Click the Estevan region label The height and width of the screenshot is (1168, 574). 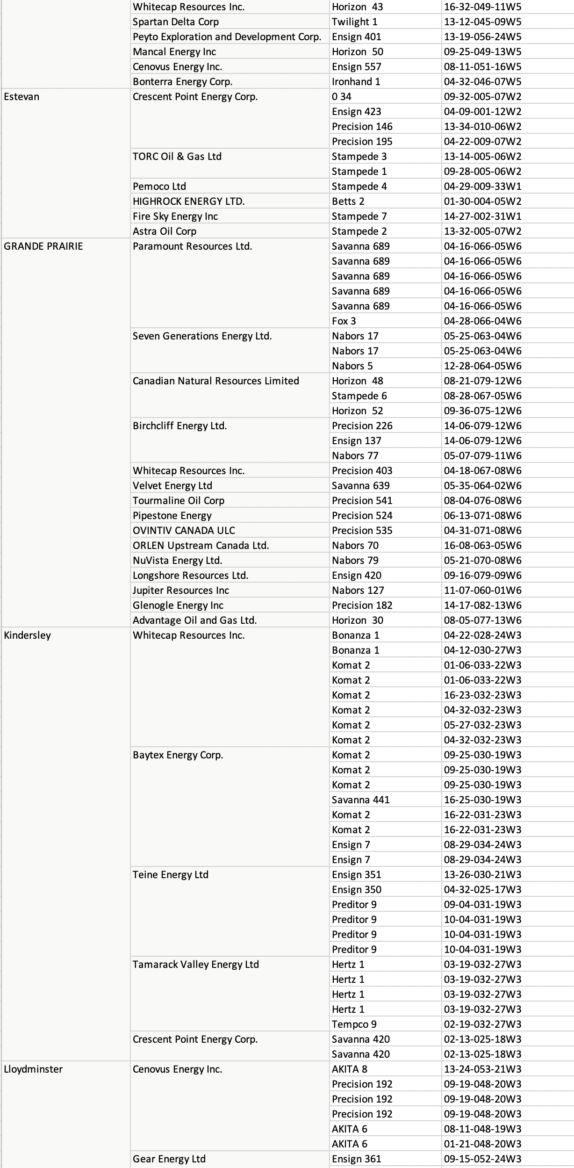click(x=22, y=97)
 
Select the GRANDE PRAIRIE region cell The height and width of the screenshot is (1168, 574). click(x=43, y=246)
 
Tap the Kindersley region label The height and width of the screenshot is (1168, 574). click(x=28, y=635)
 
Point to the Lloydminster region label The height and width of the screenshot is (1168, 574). click(x=33, y=1069)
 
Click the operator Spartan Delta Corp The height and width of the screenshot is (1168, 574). click(x=176, y=22)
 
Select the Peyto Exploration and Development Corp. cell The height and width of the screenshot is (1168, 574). click(x=227, y=37)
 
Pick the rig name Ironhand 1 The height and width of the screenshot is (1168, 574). click(x=356, y=82)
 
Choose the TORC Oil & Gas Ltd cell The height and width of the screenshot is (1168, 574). click(x=177, y=157)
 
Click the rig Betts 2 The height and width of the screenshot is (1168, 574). click(x=348, y=202)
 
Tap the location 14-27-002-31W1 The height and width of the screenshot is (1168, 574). click(x=483, y=216)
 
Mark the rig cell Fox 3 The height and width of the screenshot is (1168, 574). click(x=344, y=321)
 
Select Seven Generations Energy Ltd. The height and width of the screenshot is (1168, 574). click(x=202, y=336)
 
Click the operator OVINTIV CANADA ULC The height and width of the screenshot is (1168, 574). click(x=184, y=531)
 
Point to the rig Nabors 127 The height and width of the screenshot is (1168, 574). click(x=358, y=591)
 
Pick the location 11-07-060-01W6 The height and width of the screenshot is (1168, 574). click(x=483, y=591)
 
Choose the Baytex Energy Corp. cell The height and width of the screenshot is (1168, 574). click(x=178, y=755)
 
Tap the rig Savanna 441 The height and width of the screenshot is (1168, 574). click(x=361, y=800)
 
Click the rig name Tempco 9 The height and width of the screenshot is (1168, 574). click(x=354, y=1024)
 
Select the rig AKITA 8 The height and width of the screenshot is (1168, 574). click(x=350, y=1069)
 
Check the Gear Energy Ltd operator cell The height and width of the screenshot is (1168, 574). click(x=169, y=1159)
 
